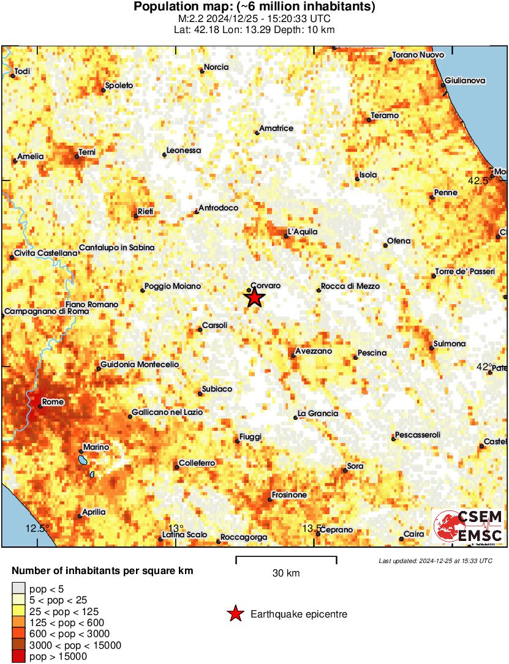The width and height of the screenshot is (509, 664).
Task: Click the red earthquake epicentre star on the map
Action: point(255,298)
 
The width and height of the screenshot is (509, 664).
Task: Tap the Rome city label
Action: point(53,401)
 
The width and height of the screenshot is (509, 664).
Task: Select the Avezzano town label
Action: point(313,351)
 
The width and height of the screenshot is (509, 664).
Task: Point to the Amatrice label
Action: point(276,129)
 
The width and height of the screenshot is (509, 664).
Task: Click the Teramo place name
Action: point(385,116)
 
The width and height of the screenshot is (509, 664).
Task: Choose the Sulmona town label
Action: point(449,344)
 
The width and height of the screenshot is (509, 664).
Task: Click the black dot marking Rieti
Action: point(136,215)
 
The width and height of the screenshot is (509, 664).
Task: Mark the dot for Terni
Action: point(77,156)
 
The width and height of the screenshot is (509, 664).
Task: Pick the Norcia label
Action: point(216,67)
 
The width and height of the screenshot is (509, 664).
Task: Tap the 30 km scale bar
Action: point(286,558)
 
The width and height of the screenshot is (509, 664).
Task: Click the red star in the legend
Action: point(235,614)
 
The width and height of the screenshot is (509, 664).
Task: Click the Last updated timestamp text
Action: point(435,561)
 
